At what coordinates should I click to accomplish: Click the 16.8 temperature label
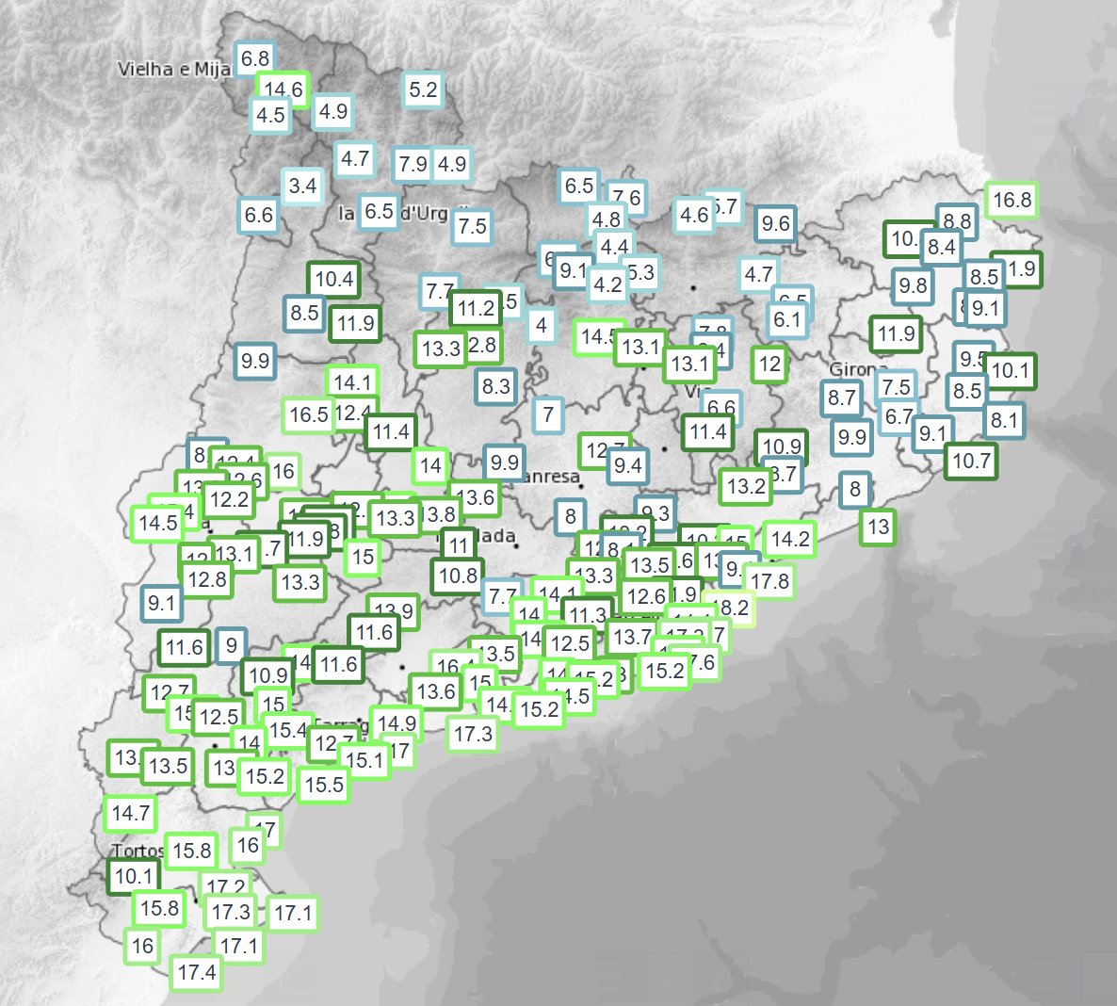tap(1012, 200)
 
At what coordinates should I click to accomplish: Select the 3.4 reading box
tap(302, 186)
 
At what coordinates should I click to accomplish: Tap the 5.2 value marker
tap(423, 90)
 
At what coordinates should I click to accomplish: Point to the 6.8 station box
tap(254, 58)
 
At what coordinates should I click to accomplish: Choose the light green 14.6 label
tap(283, 89)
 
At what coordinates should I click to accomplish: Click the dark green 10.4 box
tap(334, 279)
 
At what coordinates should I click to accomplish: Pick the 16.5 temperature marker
tap(308, 414)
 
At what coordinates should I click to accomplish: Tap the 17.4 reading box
tap(197, 972)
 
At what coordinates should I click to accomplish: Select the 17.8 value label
tap(769, 581)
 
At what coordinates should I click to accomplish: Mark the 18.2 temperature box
tap(733, 608)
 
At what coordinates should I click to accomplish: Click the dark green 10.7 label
tap(971, 461)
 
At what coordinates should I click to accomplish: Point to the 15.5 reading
tap(324, 785)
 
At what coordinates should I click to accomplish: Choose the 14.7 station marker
tap(130, 813)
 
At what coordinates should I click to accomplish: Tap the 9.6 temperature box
tap(775, 223)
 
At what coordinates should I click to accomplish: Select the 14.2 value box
tap(789, 539)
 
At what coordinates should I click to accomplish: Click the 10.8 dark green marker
tap(458, 575)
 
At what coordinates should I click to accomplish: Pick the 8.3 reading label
tap(495, 385)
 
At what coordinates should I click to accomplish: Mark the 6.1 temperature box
tap(786, 320)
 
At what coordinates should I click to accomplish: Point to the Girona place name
tap(857, 369)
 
